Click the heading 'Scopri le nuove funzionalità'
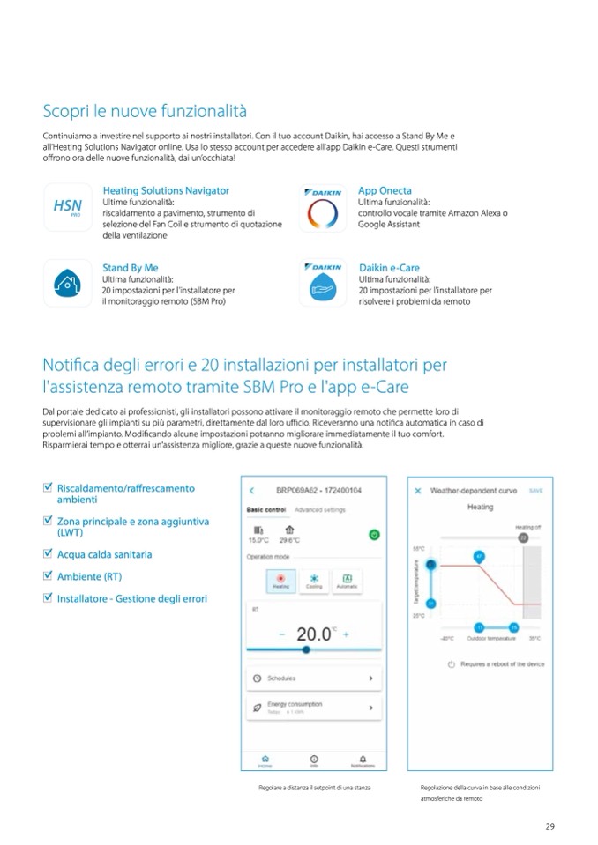[x=145, y=111]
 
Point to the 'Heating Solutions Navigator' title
[x=166, y=190]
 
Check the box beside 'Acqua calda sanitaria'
[x=48, y=554]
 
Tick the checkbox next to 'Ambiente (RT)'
[x=48, y=576]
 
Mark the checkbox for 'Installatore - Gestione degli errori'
[x=48, y=598]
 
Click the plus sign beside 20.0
[x=347, y=634]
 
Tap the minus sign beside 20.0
[x=281, y=634]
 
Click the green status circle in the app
[x=374, y=534]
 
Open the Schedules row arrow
[x=370, y=678]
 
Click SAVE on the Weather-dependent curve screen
[x=535, y=490]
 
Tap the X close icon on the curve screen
[x=418, y=491]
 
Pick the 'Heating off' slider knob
[x=522, y=536]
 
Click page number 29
[x=549, y=826]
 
